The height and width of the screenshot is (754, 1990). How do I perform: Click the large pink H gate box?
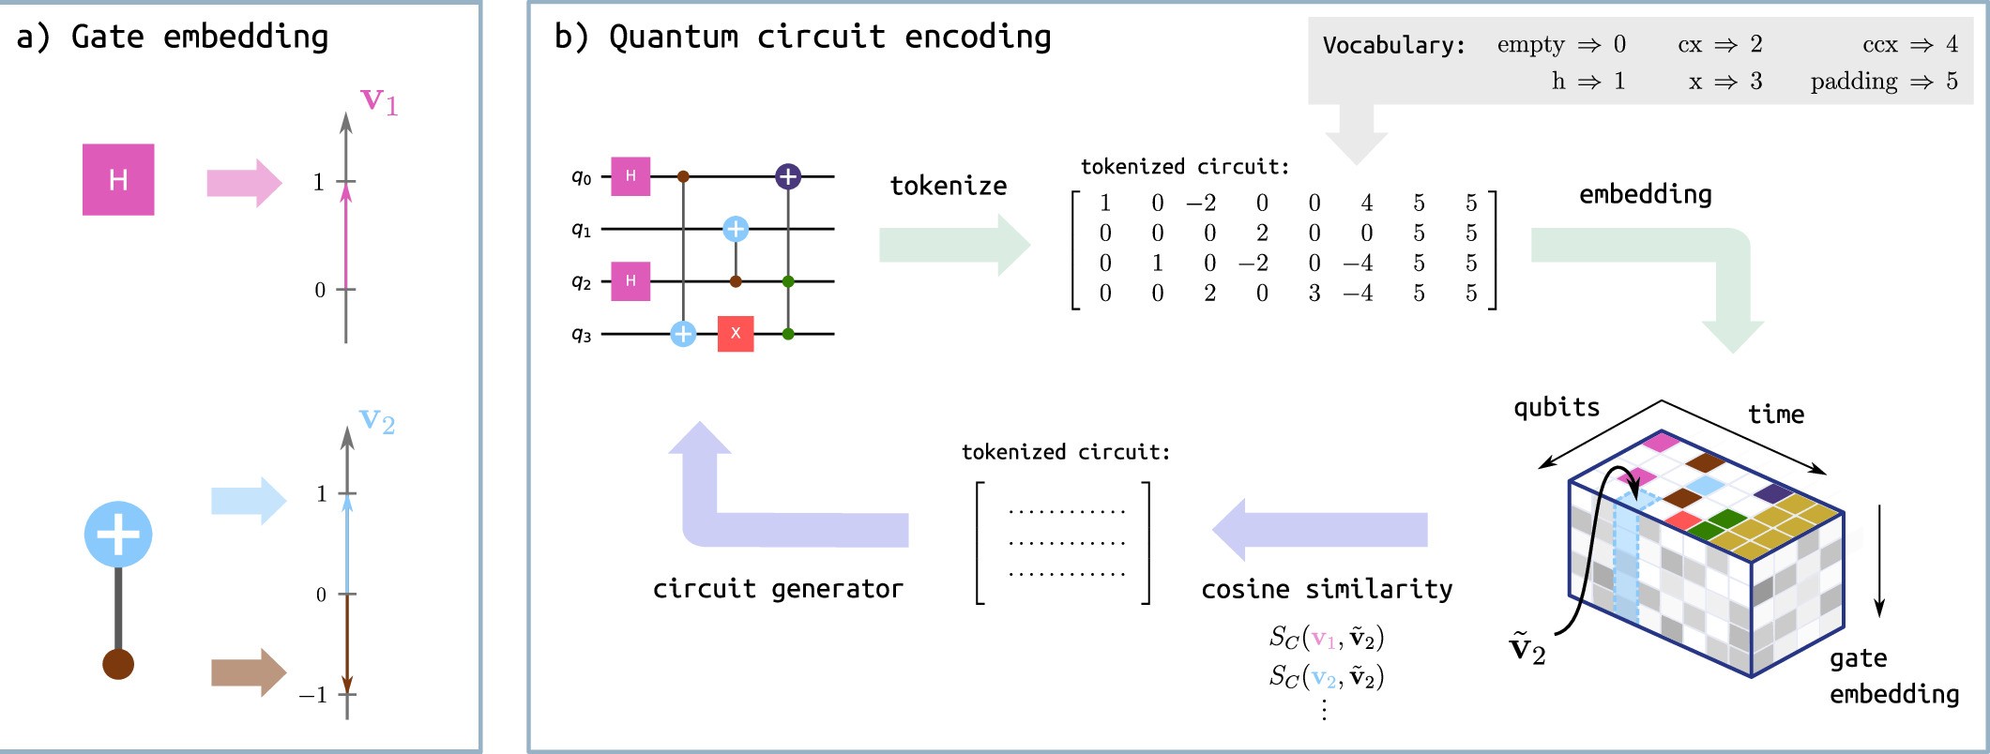(118, 179)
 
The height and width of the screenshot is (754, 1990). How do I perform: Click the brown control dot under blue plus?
(118, 664)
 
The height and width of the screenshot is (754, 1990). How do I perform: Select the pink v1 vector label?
(379, 100)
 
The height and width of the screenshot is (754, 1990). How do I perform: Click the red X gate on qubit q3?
(736, 334)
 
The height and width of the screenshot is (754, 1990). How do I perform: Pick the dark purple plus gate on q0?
(788, 175)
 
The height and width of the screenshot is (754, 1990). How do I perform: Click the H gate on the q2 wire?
(630, 280)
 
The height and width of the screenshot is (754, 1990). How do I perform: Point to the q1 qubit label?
(582, 229)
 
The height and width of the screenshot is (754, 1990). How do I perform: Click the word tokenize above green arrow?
(948, 186)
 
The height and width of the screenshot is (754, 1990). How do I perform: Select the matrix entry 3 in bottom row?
(1314, 294)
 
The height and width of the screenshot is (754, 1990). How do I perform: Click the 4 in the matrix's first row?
(1367, 203)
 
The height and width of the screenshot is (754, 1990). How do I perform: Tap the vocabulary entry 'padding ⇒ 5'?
(1883, 82)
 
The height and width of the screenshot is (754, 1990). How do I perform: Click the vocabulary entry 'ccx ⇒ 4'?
(1909, 44)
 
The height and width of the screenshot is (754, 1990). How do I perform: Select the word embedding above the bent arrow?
(1645, 195)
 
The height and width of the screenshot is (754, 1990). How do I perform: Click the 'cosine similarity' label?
(1327, 589)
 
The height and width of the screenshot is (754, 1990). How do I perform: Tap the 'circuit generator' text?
(778, 589)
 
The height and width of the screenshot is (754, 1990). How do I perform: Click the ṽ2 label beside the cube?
(1527, 648)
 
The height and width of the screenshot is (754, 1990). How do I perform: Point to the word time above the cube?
(1775, 414)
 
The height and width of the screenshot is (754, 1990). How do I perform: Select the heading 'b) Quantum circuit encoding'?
(802, 38)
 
